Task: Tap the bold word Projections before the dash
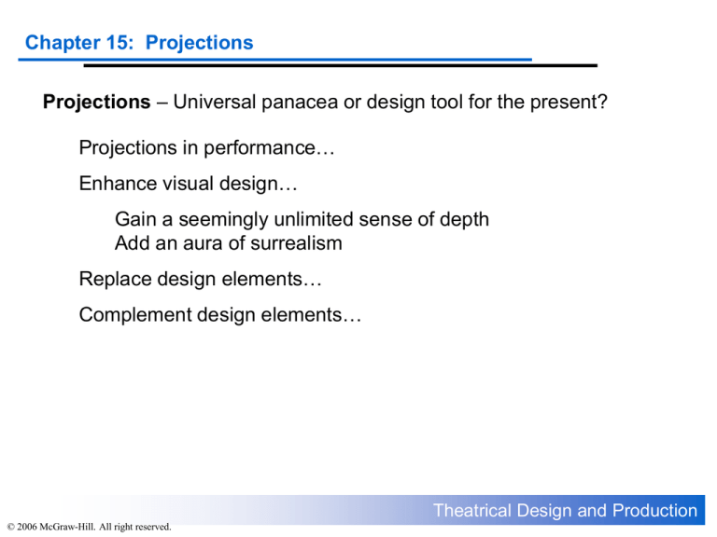point(96,102)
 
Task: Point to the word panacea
point(309,102)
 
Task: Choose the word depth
point(465,221)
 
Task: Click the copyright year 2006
point(28,528)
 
